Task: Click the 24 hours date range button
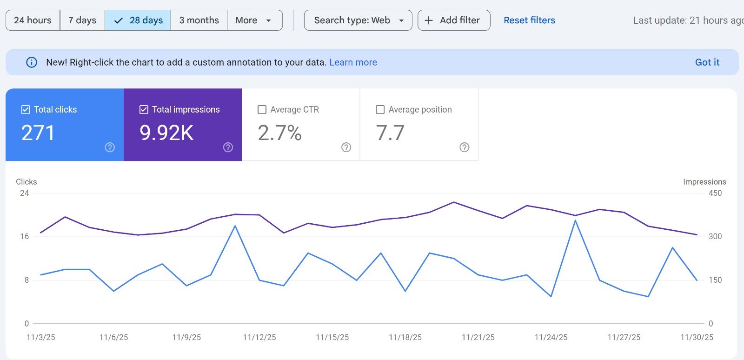click(33, 20)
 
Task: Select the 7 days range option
click(82, 20)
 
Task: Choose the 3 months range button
click(199, 20)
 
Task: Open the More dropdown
click(254, 20)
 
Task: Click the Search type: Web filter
click(358, 20)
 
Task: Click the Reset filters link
click(529, 20)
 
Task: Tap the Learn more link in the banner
click(353, 62)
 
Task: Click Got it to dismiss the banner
click(707, 62)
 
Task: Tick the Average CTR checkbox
click(262, 110)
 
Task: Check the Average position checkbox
click(380, 110)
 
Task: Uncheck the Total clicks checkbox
click(26, 110)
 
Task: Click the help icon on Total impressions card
click(228, 147)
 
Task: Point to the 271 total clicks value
click(38, 133)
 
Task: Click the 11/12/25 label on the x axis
click(259, 337)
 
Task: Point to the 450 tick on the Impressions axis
click(715, 193)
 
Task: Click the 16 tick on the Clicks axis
click(25, 236)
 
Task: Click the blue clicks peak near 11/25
click(576, 220)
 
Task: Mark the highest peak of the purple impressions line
click(454, 202)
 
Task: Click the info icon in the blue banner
click(32, 62)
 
